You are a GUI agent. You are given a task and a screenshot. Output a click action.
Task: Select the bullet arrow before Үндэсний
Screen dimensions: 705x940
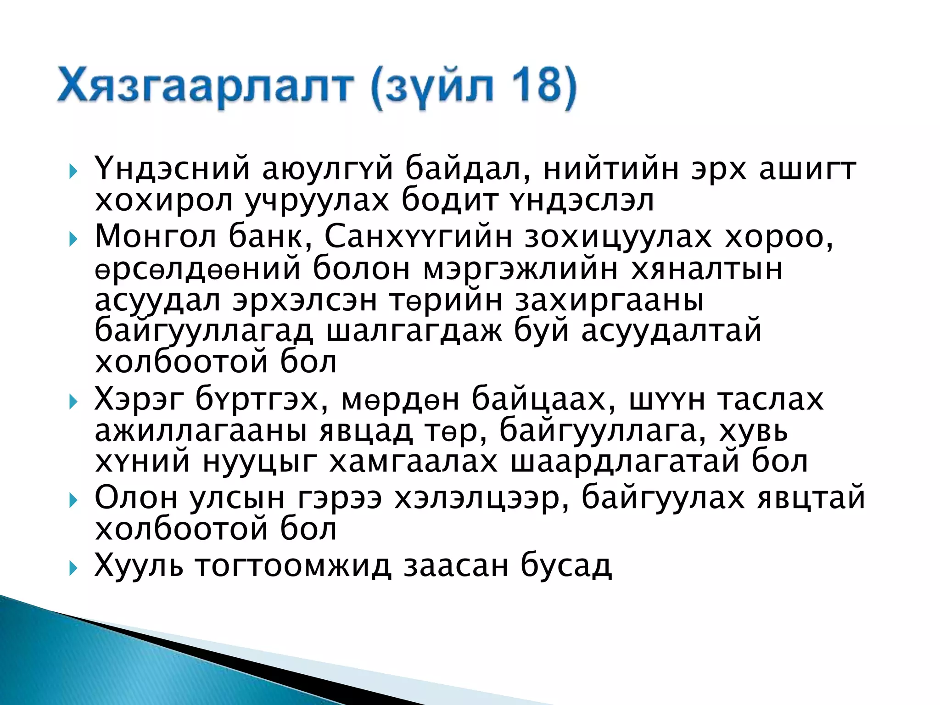(73, 172)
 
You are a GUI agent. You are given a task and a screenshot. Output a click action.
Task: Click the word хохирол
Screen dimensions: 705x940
(164, 201)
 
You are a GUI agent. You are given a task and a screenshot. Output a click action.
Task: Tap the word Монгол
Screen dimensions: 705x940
(155, 237)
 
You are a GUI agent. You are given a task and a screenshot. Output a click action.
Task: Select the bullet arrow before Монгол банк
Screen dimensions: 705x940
(73, 240)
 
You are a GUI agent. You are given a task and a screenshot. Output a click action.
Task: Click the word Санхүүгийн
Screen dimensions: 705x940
(418, 237)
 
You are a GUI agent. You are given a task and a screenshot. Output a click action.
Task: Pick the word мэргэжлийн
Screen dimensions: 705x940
(520, 269)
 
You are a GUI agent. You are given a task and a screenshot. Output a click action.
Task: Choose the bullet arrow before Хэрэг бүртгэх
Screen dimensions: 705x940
(73, 403)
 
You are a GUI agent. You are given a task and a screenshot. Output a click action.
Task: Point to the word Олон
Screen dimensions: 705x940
(136, 497)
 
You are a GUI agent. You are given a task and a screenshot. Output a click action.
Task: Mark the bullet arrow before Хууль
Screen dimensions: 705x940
(73, 569)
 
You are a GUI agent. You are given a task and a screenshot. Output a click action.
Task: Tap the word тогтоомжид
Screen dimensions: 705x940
(293, 566)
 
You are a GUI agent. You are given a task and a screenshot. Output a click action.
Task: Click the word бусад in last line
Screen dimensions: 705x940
(566, 566)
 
